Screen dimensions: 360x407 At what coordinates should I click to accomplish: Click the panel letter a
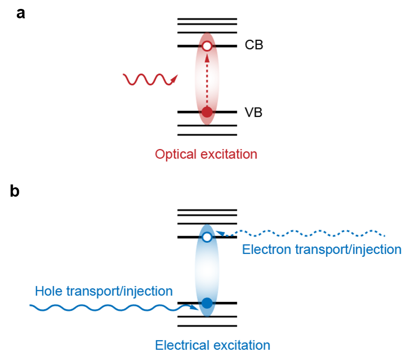point(21,14)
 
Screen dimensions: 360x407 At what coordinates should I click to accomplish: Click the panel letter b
point(15,192)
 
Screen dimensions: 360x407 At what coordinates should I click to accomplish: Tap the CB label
point(254,46)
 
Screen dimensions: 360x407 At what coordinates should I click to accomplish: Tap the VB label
point(253,113)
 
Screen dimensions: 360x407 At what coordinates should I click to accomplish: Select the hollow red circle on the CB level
point(207,46)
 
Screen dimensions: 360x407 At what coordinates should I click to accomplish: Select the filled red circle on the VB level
point(207,113)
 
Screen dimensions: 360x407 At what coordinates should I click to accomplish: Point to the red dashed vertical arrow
point(207,80)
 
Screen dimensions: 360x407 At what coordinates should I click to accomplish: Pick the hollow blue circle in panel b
point(207,237)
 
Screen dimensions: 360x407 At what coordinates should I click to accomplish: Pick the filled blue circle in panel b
point(207,303)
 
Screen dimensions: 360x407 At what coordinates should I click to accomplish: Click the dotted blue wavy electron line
point(305,232)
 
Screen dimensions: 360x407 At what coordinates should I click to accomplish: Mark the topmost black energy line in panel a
point(207,19)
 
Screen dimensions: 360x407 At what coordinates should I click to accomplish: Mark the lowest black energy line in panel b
point(207,326)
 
